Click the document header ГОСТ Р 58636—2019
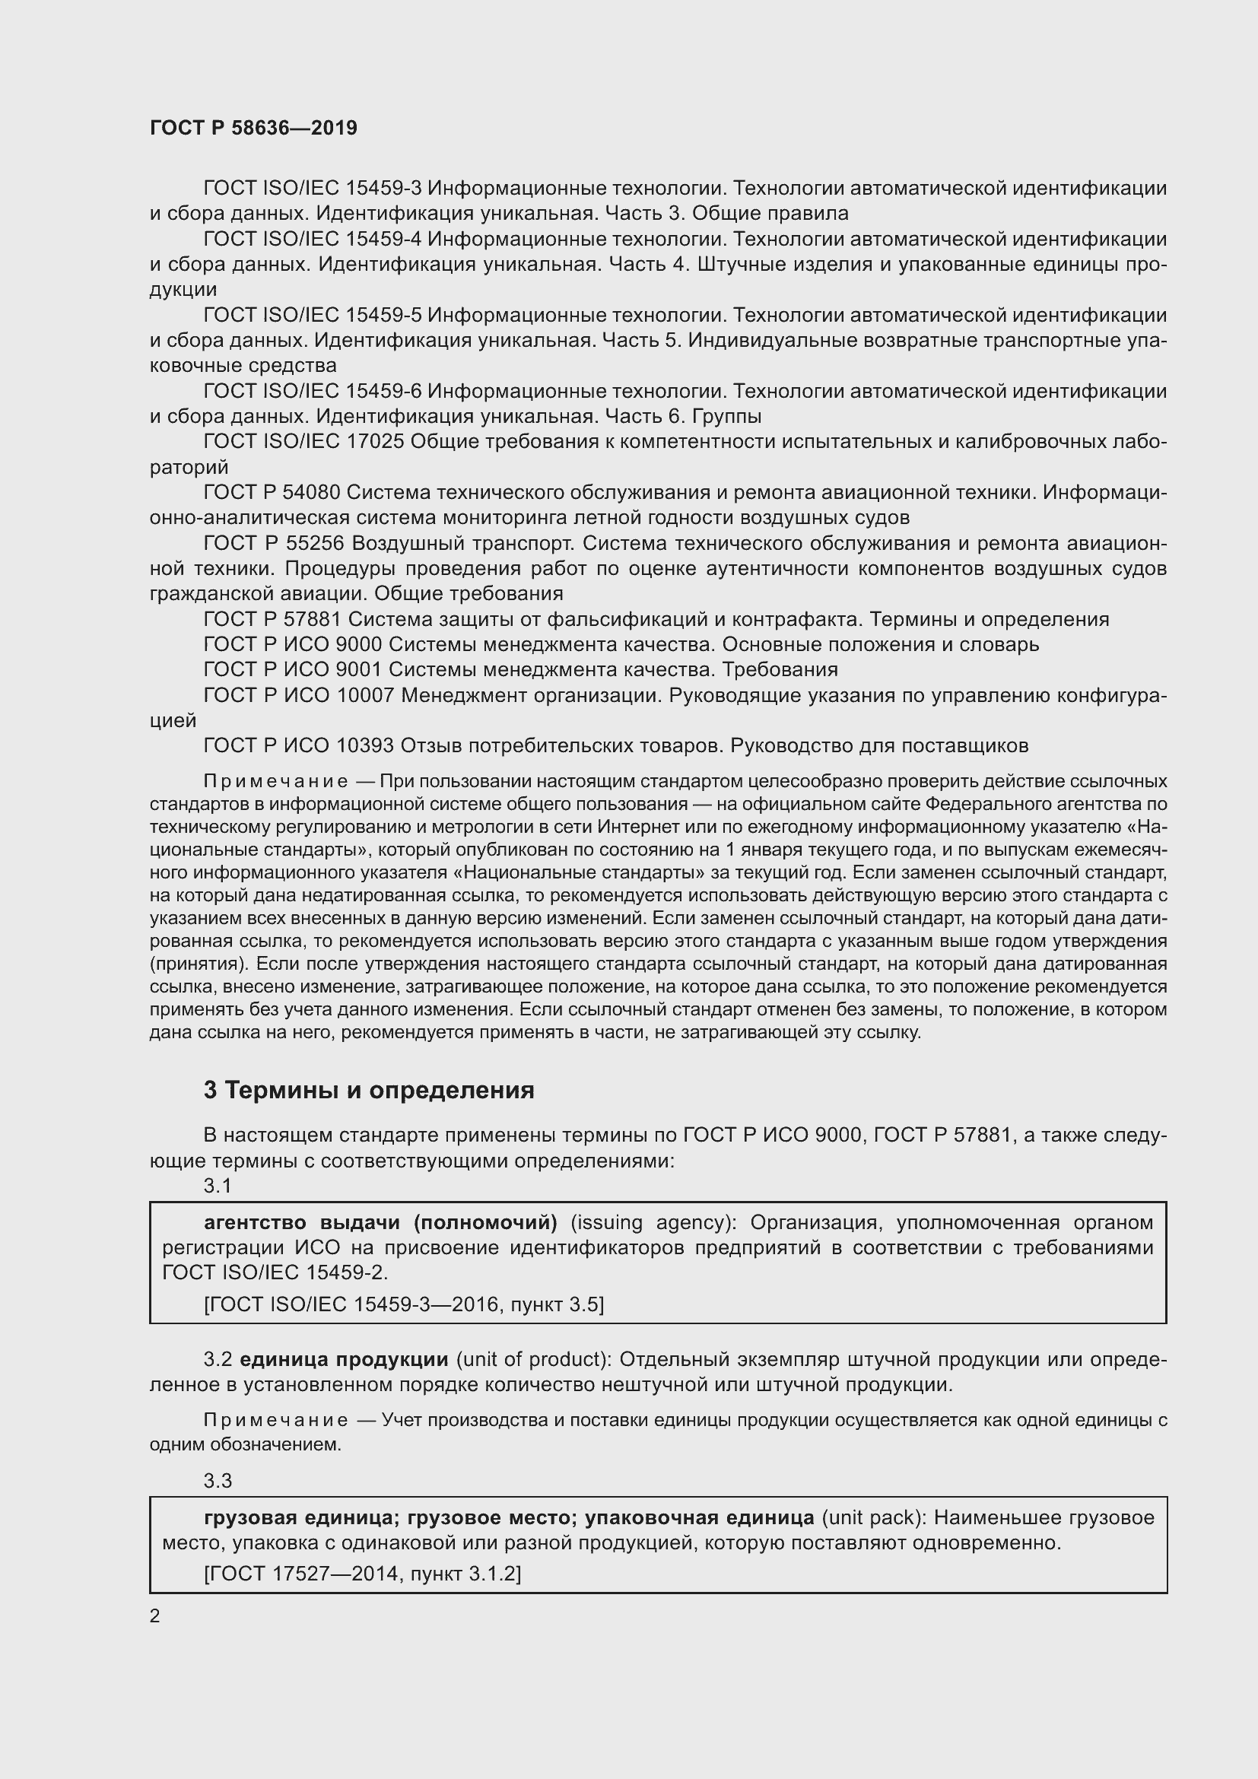[253, 128]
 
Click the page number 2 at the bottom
[154, 1617]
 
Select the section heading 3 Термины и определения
[369, 1091]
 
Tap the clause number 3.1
[218, 1186]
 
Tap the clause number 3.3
[218, 1481]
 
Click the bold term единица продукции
[344, 1360]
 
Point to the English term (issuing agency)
[655, 1223]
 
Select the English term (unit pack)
[871, 1517]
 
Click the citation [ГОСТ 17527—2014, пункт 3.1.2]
[362, 1574]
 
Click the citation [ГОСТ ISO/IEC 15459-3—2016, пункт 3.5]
[403, 1305]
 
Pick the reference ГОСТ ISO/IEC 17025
[303, 442]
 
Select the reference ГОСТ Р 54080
[271, 492]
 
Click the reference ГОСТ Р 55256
[271, 543]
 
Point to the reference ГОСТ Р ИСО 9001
[292, 669]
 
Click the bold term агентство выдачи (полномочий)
[380, 1223]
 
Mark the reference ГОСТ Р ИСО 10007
[298, 696]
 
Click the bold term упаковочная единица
[699, 1517]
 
